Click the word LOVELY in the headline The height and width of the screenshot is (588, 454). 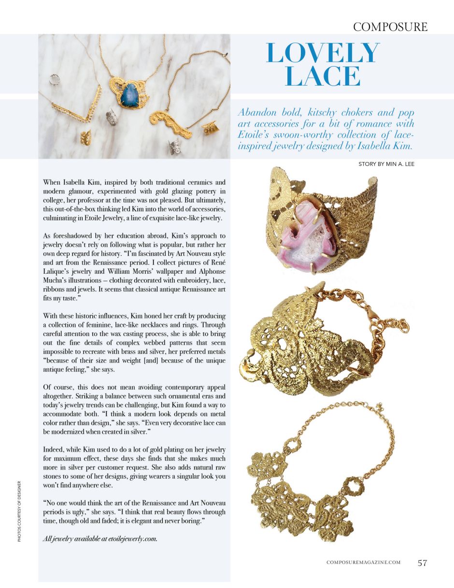coord(323,54)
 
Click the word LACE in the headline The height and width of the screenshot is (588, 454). coord(323,76)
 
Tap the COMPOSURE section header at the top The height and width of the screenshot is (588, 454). coord(390,27)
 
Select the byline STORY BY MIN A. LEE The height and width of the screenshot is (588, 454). coord(386,164)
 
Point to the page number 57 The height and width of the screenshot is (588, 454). coord(422,562)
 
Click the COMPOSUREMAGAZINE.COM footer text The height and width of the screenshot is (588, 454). coord(363,562)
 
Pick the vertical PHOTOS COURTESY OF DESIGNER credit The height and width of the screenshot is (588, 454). coord(19,511)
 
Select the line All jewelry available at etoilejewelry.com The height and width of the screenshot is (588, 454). coord(100,539)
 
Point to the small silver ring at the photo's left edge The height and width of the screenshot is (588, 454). coord(57,80)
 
